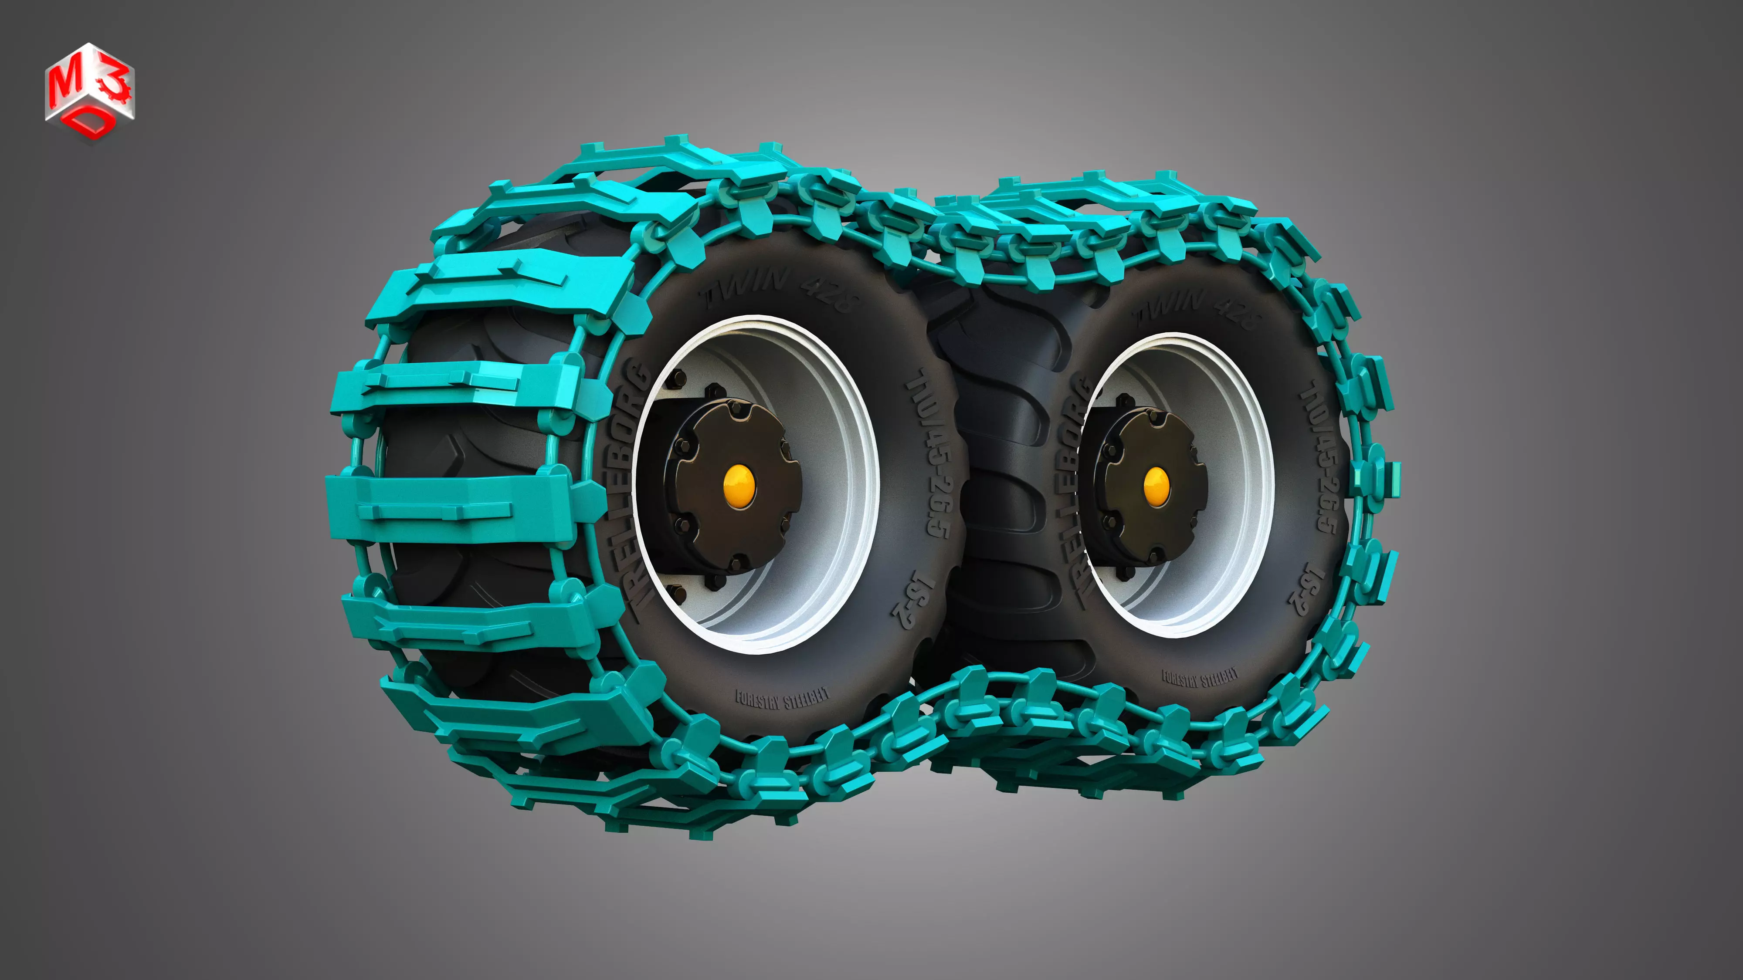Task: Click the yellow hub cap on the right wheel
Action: click(x=1155, y=486)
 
